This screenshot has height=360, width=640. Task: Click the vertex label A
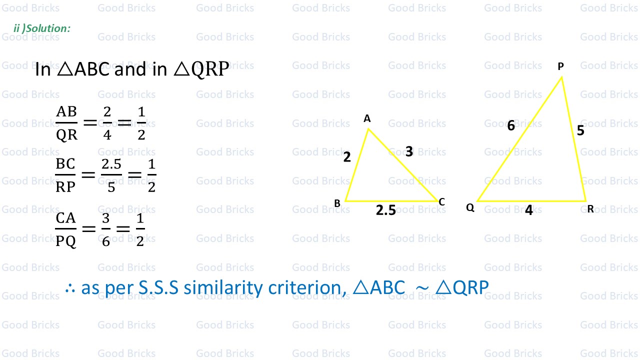pos(367,119)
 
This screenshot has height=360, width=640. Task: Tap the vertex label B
pos(337,203)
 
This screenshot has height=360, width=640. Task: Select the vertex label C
pos(441,202)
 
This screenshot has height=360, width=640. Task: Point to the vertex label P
pos(560,66)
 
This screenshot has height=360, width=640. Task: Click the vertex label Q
pos(470,208)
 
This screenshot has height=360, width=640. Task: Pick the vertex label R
pos(590,209)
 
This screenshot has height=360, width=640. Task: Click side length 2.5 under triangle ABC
pos(385,210)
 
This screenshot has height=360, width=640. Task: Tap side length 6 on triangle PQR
pos(510,126)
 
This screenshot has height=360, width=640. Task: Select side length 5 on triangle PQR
pos(580,131)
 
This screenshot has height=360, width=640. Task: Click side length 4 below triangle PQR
pos(528,210)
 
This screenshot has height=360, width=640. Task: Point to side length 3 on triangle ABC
pos(409,151)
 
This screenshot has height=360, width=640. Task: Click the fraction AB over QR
pos(66,123)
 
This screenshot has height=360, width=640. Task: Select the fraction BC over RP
pos(65,175)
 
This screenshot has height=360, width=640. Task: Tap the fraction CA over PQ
pos(66,229)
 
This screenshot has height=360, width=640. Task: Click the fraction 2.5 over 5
pos(111,175)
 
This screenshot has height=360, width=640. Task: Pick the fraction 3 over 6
pos(105,229)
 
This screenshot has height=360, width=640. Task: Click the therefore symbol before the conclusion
pos(70,288)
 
